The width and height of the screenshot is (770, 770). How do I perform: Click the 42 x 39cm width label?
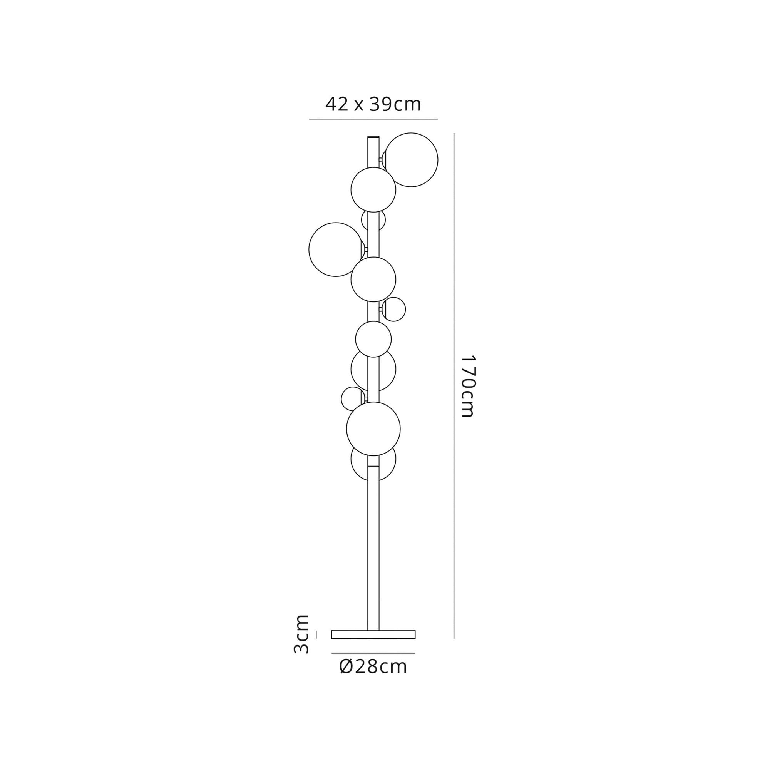pyautogui.click(x=373, y=104)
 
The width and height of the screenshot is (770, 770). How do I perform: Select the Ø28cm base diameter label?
pyautogui.click(x=373, y=667)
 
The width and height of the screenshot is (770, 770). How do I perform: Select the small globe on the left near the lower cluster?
pyautogui.click(x=343, y=398)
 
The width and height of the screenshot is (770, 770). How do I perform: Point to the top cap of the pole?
pyautogui.click(x=373, y=137)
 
